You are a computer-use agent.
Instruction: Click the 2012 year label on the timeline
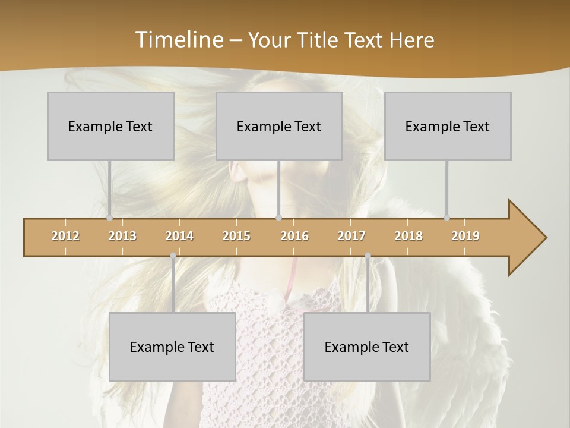tap(65, 236)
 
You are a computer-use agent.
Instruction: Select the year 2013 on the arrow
tap(122, 236)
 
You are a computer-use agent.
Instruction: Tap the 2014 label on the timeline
tap(179, 236)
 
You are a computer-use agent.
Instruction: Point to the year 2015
tap(236, 236)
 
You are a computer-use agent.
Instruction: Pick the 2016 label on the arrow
tap(294, 236)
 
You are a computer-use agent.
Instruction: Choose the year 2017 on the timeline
tap(351, 236)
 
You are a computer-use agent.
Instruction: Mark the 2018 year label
tap(408, 236)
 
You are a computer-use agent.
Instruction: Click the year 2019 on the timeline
tap(465, 236)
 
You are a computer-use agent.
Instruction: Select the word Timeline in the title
tap(178, 40)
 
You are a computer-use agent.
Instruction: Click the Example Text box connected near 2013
tap(110, 126)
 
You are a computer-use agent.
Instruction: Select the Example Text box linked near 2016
tap(279, 126)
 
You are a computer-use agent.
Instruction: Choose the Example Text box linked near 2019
tap(448, 126)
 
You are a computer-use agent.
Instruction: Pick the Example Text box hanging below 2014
tap(172, 347)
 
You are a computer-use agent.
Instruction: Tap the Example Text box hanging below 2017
tap(367, 347)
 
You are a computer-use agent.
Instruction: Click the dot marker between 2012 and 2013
tap(109, 218)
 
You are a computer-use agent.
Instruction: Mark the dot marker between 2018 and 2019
tap(446, 218)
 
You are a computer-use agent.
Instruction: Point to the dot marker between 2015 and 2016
tap(278, 218)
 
